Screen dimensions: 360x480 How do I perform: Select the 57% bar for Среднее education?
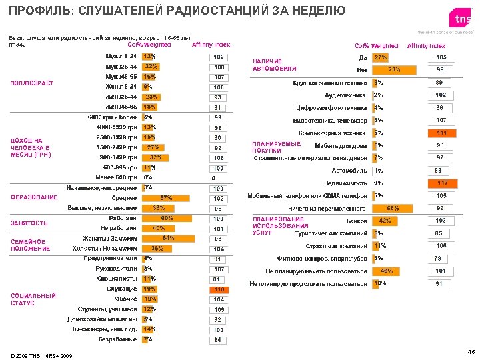[165, 198]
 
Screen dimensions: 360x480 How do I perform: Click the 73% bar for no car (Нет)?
[394, 69]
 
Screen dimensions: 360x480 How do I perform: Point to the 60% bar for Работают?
[166, 218]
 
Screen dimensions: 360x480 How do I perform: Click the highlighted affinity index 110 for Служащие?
[218, 289]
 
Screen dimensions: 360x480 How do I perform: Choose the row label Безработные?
[118, 339]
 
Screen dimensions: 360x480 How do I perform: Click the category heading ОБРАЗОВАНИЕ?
[34, 198]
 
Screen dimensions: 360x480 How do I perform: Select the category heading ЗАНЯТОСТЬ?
[29, 223]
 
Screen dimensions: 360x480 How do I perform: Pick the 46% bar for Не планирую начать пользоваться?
[385, 271]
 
